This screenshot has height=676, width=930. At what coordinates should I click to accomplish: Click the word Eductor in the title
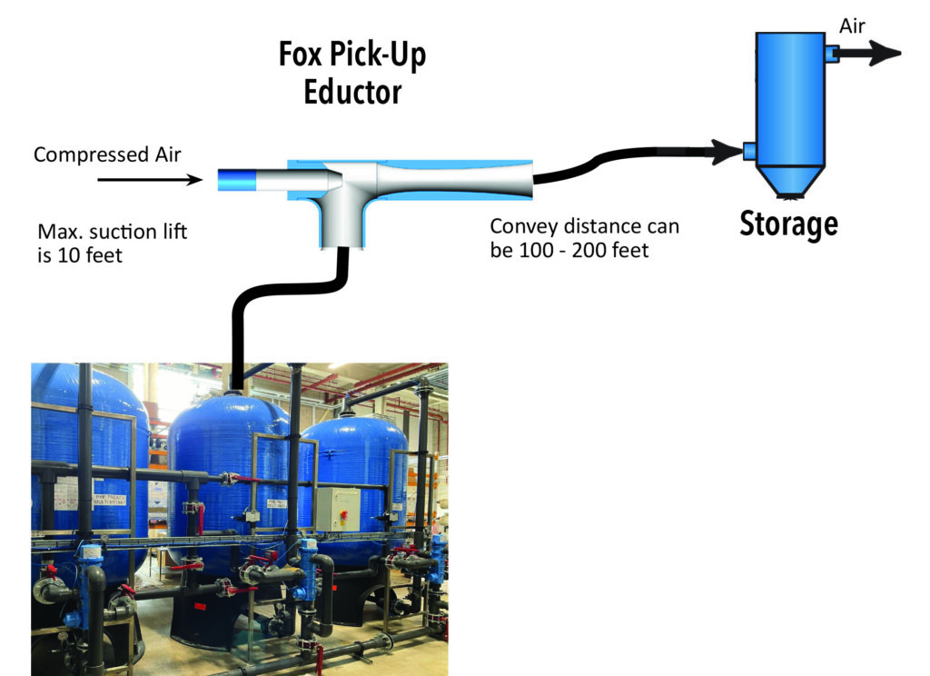(x=352, y=91)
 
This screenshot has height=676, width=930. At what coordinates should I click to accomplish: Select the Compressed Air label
(x=107, y=154)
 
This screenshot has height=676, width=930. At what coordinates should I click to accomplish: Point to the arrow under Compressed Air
(x=149, y=180)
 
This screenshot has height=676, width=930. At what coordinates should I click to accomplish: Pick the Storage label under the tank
(x=788, y=224)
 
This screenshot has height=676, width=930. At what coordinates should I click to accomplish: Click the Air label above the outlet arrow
(x=852, y=26)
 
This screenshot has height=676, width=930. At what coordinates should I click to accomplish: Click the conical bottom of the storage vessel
(x=787, y=181)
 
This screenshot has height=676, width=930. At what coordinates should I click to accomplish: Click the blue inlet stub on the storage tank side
(x=749, y=151)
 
